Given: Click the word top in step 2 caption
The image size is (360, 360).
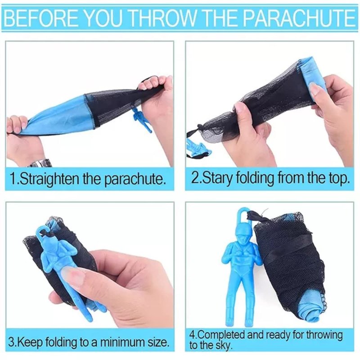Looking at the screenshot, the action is pos(339,179).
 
